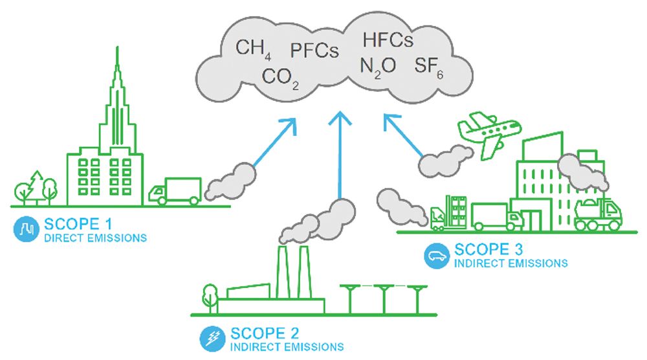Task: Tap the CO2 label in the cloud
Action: click(280, 78)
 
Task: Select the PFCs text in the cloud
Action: click(314, 51)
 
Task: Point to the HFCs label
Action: click(388, 40)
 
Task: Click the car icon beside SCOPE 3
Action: click(434, 254)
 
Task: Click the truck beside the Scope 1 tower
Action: click(175, 191)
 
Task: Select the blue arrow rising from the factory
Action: click(338, 155)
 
